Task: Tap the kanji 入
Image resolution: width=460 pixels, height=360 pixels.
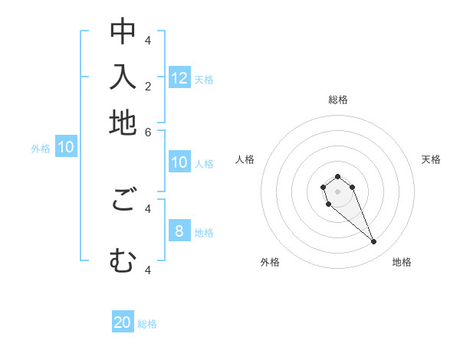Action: (123, 77)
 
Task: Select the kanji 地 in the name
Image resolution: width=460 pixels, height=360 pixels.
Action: (123, 123)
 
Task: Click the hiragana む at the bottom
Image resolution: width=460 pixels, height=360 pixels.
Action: (123, 262)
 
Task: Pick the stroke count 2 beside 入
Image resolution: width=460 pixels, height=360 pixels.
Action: (148, 86)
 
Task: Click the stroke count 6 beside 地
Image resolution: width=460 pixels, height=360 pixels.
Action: (148, 131)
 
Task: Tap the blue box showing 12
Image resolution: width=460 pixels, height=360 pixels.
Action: (179, 78)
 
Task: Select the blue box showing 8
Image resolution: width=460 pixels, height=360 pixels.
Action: (179, 231)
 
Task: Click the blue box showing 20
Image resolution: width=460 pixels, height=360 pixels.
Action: (123, 322)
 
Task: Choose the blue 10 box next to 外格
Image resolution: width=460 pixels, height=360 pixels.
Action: (65, 148)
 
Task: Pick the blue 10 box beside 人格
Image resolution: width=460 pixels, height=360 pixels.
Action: (179, 162)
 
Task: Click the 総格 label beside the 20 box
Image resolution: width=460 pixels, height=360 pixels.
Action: (147, 324)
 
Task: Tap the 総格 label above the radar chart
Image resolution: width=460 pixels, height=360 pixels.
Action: (337, 100)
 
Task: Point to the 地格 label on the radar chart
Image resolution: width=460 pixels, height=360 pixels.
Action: (402, 262)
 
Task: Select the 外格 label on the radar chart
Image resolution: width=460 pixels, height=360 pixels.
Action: (270, 262)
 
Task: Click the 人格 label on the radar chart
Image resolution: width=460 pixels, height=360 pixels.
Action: (245, 159)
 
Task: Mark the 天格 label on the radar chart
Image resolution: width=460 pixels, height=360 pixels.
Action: (431, 159)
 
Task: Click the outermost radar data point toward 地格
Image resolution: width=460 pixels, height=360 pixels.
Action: (374, 242)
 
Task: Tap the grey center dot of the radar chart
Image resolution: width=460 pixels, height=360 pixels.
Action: (337, 191)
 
